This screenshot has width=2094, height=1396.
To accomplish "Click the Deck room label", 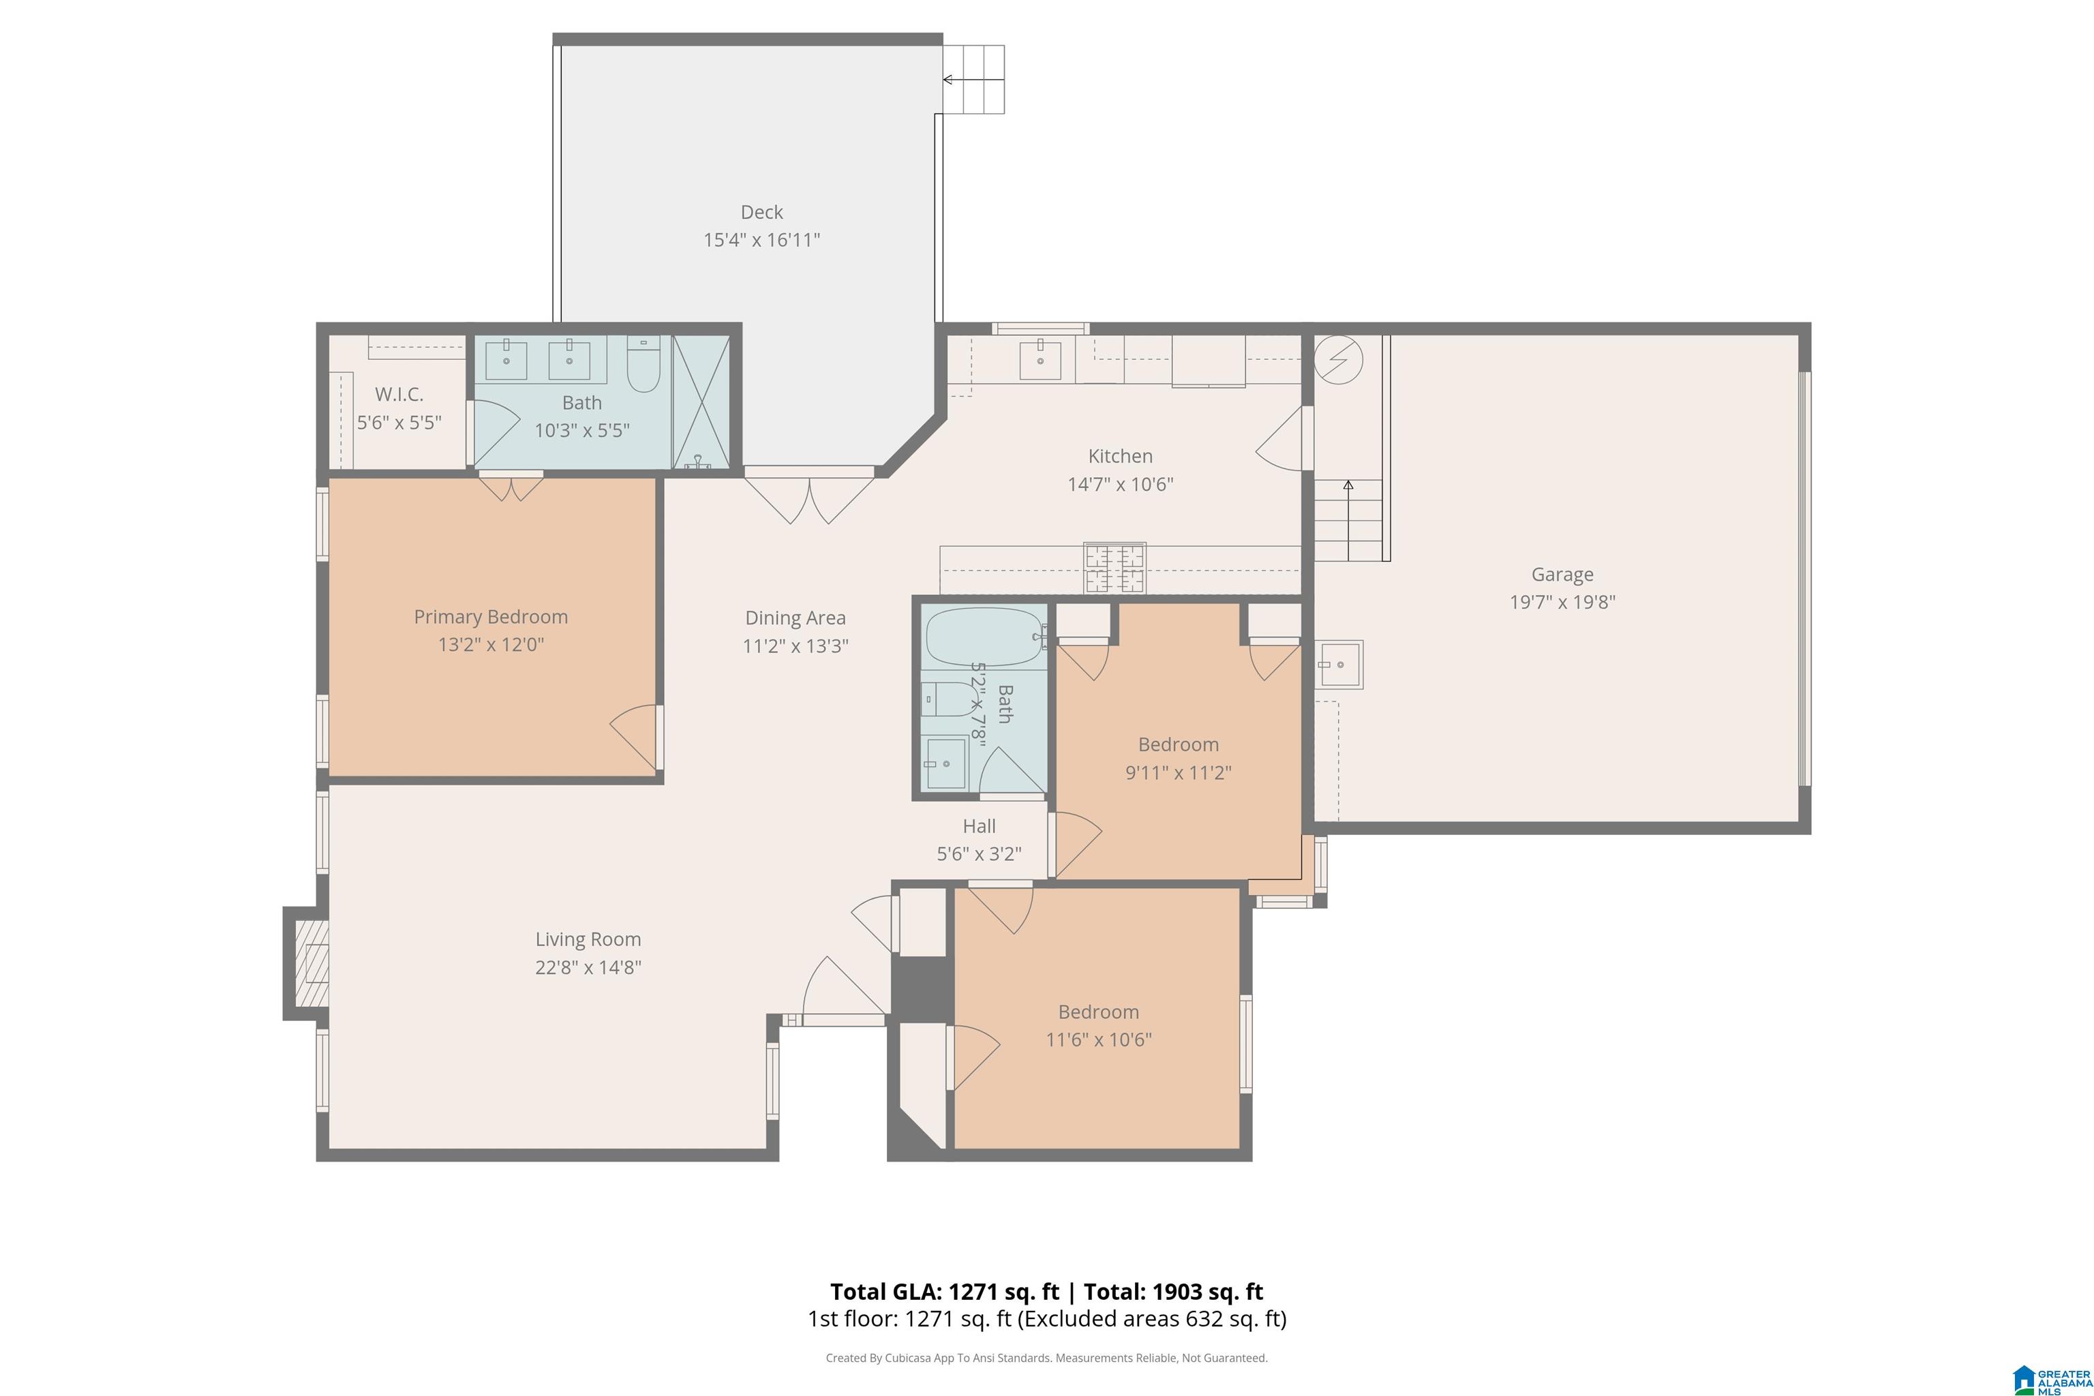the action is coord(761,212).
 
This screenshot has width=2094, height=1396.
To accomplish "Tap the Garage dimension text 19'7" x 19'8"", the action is coord(1562,602).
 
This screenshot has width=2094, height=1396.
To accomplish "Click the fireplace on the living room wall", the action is coord(306,963).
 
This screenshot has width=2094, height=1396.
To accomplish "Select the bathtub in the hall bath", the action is coord(985,637).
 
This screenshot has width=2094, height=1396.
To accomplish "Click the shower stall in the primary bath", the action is coord(701,401).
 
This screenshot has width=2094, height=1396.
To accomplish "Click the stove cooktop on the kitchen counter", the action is coord(1114,568).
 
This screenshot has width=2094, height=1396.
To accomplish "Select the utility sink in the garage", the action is coord(1339,664).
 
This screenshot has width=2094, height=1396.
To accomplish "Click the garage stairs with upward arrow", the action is coord(1349,520).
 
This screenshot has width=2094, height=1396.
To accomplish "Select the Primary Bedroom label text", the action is coord(491,617).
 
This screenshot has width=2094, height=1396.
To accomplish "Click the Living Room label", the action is coord(588,939).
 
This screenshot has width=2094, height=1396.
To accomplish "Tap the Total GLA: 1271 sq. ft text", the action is coord(945,1292).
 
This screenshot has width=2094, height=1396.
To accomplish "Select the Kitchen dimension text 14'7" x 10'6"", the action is coord(1120,485).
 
